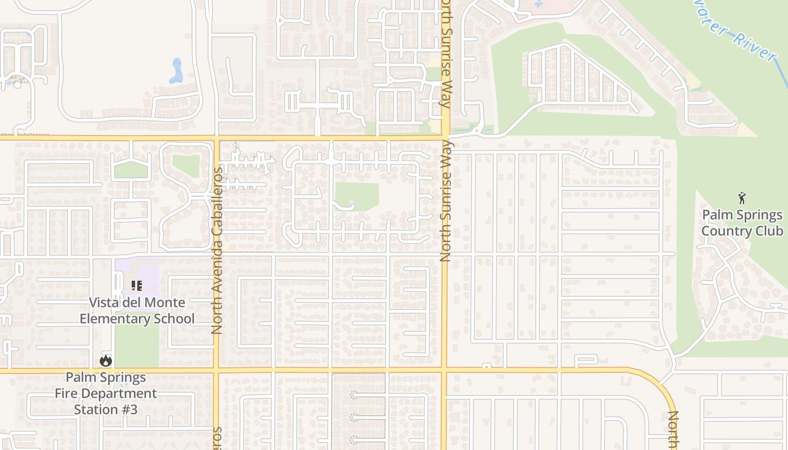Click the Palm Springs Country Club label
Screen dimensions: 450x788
[x=742, y=223]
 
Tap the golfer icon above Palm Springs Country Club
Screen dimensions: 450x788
[x=742, y=198]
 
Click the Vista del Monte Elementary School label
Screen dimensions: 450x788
[x=137, y=310]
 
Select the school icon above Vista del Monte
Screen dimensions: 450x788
[x=136, y=286]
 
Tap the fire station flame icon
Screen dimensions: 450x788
[x=105, y=361]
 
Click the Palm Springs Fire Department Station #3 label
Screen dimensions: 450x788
[x=105, y=393]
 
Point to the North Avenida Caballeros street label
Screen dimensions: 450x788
[x=217, y=250]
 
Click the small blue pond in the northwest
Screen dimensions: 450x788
[x=177, y=71]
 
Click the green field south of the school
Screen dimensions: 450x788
[x=136, y=346]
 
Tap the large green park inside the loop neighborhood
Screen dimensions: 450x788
[x=357, y=196]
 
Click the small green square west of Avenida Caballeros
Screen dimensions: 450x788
[x=186, y=165]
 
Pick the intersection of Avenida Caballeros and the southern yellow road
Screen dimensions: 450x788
[x=216, y=370]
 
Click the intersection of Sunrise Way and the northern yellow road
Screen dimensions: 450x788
[x=445, y=137]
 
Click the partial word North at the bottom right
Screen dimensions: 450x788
[x=673, y=430]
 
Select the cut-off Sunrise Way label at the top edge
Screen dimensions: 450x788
[x=446, y=53]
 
